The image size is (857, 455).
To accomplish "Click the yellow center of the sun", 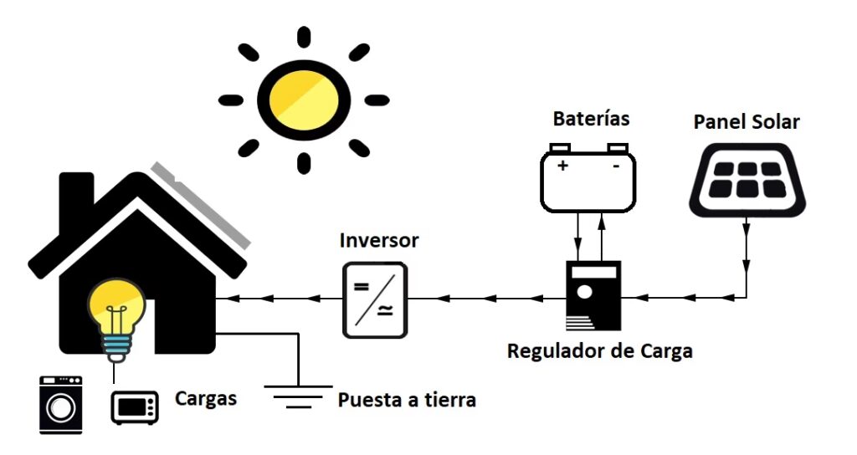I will (x=303, y=100).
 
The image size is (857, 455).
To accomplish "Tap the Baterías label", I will (x=591, y=119).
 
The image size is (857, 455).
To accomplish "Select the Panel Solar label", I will (x=747, y=122).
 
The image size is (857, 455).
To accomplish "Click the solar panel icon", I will (x=747, y=178).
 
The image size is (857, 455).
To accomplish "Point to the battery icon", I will (x=588, y=179).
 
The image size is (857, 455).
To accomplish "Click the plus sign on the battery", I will (x=562, y=166).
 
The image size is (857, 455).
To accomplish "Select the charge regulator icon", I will (x=593, y=296).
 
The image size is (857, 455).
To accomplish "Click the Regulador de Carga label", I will (x=599, y=350).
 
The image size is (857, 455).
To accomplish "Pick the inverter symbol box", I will (x=375, y=299).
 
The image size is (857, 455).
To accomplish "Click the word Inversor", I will (x=378, y=241).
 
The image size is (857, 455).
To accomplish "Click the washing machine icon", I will (x=61, y=405).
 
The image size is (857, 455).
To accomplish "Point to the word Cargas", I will (x=205, y=398).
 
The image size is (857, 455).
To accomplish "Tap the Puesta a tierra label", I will (x=407, y=400).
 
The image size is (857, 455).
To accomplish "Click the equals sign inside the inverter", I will (x=362, y=287).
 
